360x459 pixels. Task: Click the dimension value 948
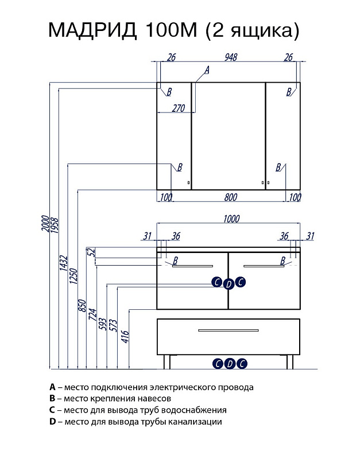click(x=231, y=57)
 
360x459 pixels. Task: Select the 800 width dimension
click(x=230, y=197)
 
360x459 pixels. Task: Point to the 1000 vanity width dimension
click(x=230, y=219)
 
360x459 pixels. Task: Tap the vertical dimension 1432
click(x=64, y=263)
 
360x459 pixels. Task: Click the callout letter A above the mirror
click(x=207, y=70)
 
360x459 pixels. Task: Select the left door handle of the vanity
click(x=192, y=266)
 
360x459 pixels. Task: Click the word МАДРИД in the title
click(x=92, y=29)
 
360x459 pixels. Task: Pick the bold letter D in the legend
click(x=52, y=422)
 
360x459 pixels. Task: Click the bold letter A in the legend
click(x=52, y=387)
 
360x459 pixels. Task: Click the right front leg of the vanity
click(x=292, y=361)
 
